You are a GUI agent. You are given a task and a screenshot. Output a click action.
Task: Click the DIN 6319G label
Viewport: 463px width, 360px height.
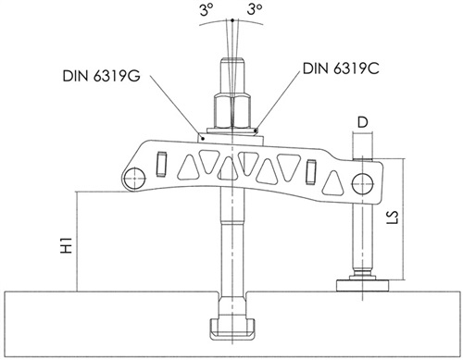(102, 76)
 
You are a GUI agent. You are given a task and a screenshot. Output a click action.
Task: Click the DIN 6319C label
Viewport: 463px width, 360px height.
(341, 68)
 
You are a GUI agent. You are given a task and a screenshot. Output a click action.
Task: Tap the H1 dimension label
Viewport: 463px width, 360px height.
(67, 245)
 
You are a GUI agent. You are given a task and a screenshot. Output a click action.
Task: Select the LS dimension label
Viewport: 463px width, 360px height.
(393, 217)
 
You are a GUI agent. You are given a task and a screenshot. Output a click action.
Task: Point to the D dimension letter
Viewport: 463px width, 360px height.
(363, 123)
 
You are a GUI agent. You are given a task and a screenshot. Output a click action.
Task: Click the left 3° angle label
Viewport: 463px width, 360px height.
(206, 10)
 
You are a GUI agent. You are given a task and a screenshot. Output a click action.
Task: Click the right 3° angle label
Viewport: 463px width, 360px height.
(255, 9)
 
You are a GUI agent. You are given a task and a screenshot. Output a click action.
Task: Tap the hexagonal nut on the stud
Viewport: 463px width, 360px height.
(231, 111)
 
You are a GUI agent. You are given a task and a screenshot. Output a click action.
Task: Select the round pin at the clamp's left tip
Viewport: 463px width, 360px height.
(135, 179)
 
